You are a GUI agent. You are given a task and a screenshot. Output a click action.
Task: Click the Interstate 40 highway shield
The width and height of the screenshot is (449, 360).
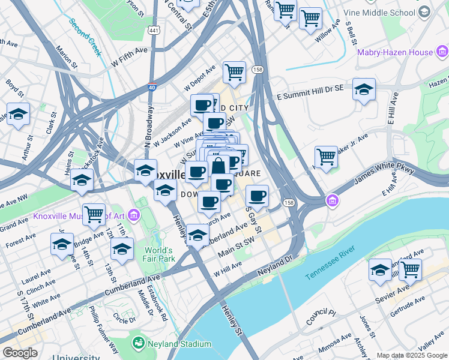pyautogui.click(x=152, y=88)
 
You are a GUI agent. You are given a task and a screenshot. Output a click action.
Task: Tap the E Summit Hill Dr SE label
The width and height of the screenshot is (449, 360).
pyautogui.click(x=310, y=92)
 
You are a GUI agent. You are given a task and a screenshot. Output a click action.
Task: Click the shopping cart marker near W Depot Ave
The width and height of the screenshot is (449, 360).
pyautogui.click(x=234, y=73)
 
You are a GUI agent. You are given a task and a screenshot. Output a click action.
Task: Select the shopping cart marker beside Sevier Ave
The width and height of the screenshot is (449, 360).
pyautogui.click(x=410, y=269)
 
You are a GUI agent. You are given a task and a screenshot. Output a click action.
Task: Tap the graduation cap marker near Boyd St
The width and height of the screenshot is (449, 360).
pyautogui.click(x=19, y=114)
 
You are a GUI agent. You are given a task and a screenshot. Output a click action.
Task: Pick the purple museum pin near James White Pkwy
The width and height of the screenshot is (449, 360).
pyautogui.click(x=331, y=200)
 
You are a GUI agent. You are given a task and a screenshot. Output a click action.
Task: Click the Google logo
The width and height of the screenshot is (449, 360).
pyautogui.click(x=20, y=353)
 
